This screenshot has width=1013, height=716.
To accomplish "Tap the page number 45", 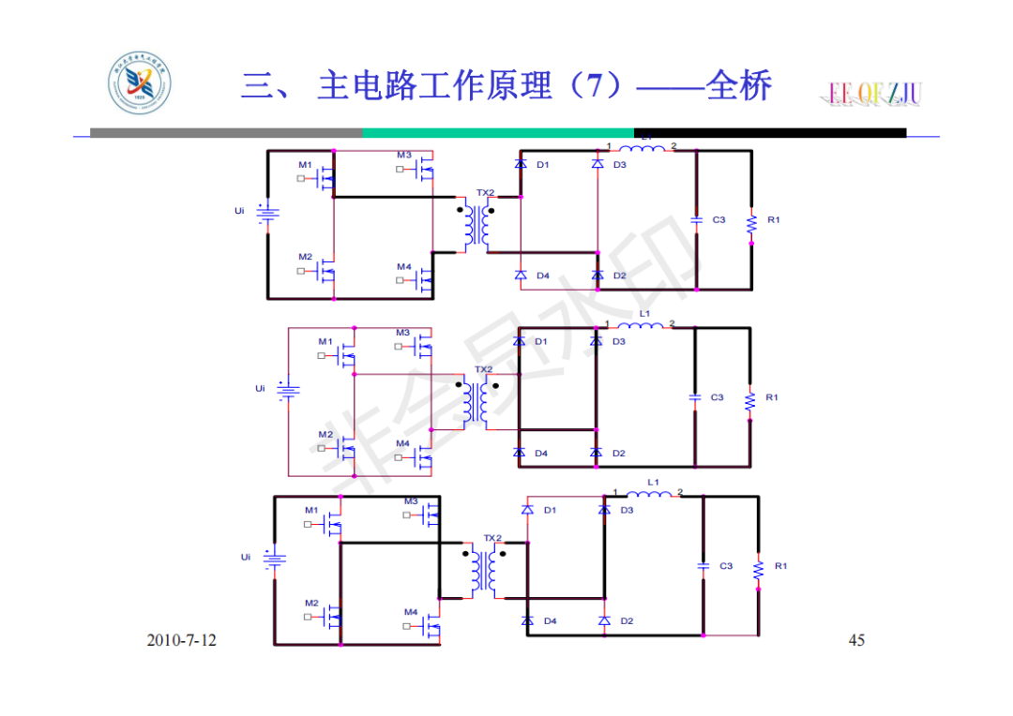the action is point(855,640).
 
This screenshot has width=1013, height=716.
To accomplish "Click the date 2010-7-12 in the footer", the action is point(181,640).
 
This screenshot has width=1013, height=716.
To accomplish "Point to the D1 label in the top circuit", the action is point(542,165).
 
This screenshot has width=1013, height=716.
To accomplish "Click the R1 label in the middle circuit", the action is point(771,397).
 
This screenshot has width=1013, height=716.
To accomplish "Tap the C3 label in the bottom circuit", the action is point(725,566).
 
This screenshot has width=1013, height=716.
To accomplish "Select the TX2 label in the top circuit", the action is point(484,193).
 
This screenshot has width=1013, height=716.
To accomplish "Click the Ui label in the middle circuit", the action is point(260,388).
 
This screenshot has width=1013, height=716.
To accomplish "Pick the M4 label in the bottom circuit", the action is point(411,612).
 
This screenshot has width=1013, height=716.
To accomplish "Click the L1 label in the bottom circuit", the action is point(654,483).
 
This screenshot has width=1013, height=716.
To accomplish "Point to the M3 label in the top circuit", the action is point(403,156).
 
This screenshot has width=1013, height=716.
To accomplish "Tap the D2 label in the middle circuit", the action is point(618,454).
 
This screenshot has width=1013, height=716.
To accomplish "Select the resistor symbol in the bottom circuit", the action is point(758,567).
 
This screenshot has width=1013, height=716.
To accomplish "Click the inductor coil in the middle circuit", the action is point(644,325).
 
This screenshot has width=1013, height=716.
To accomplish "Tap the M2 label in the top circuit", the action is point(306,257).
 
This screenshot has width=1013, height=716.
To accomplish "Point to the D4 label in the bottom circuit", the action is point(550,621).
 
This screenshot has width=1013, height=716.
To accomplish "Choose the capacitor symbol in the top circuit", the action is point(696,219).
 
